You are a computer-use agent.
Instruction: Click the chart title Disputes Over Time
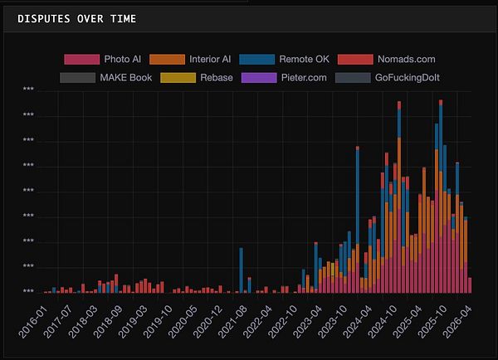(77, 18)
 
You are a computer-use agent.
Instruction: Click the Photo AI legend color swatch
(81, 59)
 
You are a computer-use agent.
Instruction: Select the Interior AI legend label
(210, 59)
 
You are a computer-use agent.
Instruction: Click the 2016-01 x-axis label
(33, 319)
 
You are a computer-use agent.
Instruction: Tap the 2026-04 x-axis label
(461, 319)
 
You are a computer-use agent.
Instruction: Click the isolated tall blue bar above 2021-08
(241, 270)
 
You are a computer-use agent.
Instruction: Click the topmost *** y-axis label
(28, 90)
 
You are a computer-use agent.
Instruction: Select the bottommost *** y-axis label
(28, 292)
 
